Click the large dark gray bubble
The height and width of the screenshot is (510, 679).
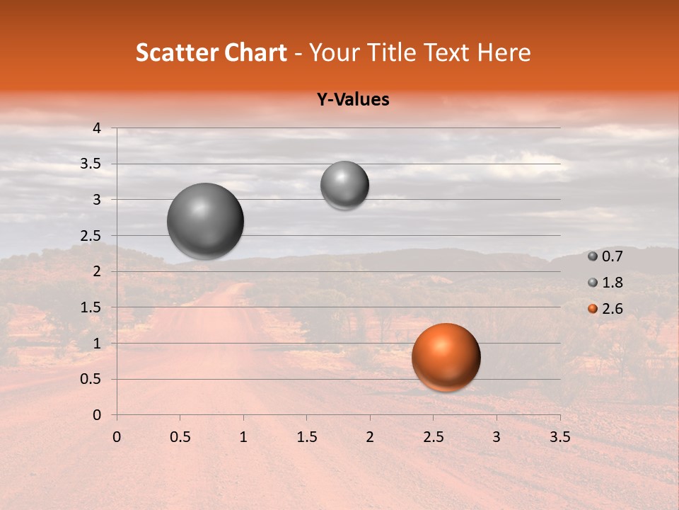click(x=205, y=221)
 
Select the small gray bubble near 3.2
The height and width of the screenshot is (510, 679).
click(x=344, y=185)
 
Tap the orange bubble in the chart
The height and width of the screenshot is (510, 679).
click(x=446, y=357)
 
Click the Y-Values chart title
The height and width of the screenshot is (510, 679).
click(x=353, y=100)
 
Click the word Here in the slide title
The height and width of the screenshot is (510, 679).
click(x=504, y=52)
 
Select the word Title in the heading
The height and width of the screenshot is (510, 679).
click(x=388, y=52)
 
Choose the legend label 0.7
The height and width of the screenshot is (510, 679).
click(x=613, y=257)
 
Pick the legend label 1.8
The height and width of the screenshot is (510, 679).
click(x=613, y=283)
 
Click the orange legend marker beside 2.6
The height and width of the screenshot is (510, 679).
click(x=593, y=309)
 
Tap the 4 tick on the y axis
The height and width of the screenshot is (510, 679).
click(x=97, y=128)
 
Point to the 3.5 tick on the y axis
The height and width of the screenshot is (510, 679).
click(x=91, y=164)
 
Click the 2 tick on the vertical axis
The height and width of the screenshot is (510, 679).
click(x=97, y=271)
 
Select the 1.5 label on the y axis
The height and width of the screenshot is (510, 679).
click(x=91, y=307)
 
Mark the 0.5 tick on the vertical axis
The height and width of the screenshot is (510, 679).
click(x=91, y=379)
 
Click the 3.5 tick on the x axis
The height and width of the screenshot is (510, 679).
click(x=559, y=436)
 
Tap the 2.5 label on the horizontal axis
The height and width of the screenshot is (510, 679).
click(x=433, y=436)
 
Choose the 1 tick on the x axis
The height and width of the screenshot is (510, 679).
click(x=243, y=436)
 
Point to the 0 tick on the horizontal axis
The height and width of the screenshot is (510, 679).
click(x=117, y=436)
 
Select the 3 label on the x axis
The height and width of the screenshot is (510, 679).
click(x=496, y=436)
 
